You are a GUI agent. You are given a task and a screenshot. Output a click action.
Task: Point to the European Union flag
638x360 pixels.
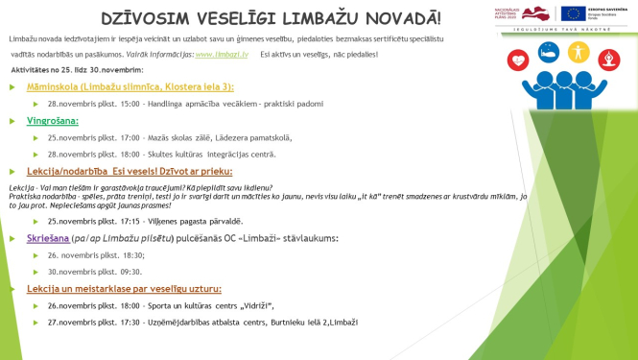pos(573,13)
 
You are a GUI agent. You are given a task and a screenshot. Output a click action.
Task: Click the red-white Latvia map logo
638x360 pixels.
pos(536,13)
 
